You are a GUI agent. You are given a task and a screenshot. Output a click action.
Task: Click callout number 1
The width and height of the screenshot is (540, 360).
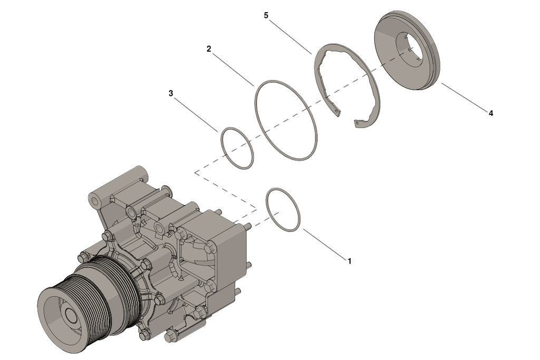(349, 260)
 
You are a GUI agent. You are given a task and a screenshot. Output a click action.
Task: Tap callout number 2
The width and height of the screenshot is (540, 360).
(209, 48)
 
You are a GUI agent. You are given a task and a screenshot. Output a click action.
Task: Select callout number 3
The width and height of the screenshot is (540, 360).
(170, 93)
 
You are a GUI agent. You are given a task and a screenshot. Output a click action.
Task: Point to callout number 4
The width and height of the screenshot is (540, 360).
(490, 113)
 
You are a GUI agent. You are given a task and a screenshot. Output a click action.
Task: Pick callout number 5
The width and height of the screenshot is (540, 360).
(266, 15)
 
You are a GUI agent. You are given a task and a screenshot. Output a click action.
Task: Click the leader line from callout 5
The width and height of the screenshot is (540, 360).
(290, 35)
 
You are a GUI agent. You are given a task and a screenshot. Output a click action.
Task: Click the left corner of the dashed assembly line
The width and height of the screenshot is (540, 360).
(195, 172)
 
